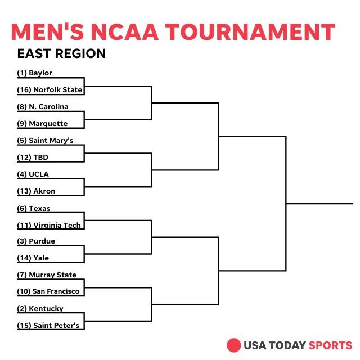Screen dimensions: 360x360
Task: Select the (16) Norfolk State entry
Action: click(49, 90)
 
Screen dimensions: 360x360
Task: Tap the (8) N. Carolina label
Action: click(43, 107)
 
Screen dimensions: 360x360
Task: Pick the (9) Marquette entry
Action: click(42, 124)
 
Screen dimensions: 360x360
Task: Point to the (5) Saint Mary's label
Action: click(46, 141)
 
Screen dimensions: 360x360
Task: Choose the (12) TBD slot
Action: click(33, 157)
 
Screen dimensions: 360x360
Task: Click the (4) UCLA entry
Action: click(33, 174)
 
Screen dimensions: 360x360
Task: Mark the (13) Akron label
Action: click(36, 191)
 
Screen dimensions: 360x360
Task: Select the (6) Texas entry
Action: click(34, 209)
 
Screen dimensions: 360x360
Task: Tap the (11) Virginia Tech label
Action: click(49, 226)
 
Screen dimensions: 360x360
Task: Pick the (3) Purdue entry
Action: click(36, 241)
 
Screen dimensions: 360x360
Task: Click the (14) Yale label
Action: click(33, 258)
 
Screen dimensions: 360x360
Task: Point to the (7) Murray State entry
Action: click(47, 275)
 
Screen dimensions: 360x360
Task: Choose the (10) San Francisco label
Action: click(48, 292)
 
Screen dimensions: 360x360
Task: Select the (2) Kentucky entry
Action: click(40, 309)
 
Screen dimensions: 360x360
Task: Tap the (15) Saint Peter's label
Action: click(48, 326)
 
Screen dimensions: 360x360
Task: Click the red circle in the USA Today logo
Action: click(233, 345)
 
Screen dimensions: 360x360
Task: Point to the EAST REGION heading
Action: click(61, 54)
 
